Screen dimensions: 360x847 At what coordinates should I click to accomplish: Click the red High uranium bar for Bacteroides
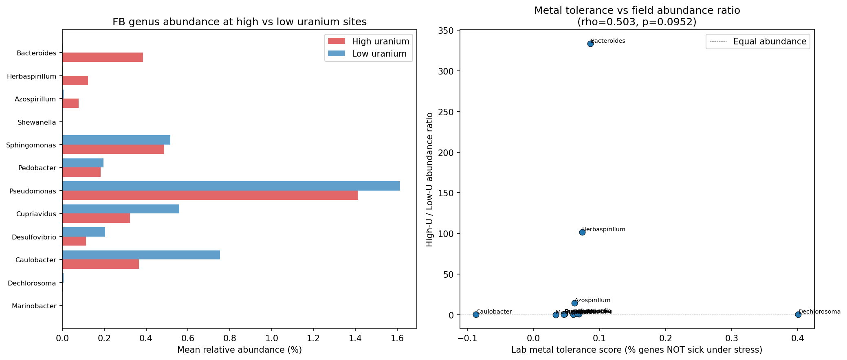click(103, 57)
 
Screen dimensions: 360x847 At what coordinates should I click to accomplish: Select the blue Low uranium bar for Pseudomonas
click(231, 186)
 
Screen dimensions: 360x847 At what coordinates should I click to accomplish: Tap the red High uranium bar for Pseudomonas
click(210, 195)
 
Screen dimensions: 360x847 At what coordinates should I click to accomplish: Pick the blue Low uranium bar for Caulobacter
click(141, 255)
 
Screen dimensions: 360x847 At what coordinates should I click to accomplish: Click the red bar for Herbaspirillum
click(75, 80)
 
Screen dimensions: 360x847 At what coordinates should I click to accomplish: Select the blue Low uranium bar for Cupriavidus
click(121, 209)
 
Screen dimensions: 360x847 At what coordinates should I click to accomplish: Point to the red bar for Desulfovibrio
click(74, 241)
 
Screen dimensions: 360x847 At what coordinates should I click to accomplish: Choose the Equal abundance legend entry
click(758, 42)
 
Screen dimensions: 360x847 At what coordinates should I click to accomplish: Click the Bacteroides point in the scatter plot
click(590, 44)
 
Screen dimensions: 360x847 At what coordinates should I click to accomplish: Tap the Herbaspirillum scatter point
click(582, 232)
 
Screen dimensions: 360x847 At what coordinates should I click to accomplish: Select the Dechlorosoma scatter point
click(798, 314)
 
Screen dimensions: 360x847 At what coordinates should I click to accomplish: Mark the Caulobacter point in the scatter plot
click(476, 314)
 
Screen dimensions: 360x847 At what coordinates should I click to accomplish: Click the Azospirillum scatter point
click(574, 303)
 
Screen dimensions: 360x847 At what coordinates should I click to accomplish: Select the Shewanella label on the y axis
click(37, 122)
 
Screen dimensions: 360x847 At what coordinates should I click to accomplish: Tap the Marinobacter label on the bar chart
click(34, 306)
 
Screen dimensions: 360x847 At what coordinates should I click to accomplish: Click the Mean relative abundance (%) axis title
click(239, 350)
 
